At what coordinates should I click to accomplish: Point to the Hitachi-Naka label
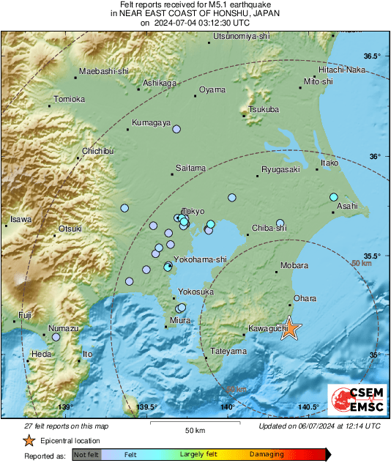click(341, 70)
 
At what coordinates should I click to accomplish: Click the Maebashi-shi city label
click(103, 71)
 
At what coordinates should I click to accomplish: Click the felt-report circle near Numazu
click(56, 337)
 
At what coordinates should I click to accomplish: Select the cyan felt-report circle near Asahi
click(333, 197)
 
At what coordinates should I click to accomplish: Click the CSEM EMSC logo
click(354, 401)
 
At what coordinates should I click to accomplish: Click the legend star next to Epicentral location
click(29, 440)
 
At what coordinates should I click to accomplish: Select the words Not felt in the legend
click(86, 455)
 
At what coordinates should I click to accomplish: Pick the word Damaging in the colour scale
click(267, 455)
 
